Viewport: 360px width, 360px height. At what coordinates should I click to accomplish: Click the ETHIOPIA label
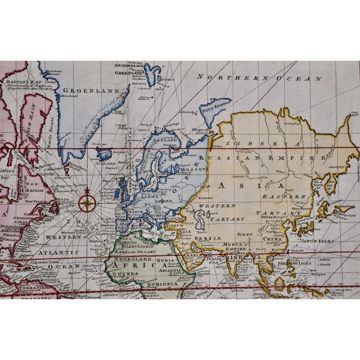(x=164, y=285)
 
